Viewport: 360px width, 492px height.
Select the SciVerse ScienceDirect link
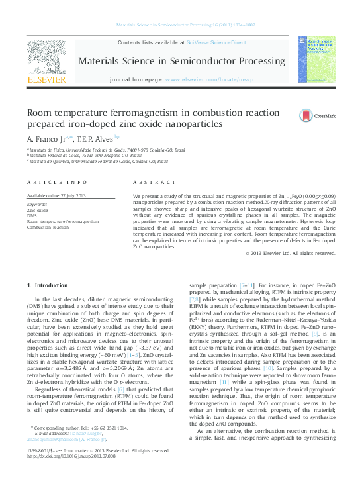(x=216, y=42)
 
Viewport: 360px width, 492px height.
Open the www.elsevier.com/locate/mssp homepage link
(x=209, y=79)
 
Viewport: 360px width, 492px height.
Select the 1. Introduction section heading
(x=46, y=285)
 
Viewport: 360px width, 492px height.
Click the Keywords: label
(x=37, y=204)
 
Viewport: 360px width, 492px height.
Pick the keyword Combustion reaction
(x=48, y=227)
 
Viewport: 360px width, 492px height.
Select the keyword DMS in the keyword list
(x=32, y=216)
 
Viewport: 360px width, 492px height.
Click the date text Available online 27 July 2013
(x=56, y=196)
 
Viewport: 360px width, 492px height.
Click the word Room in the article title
(x=40, y=113)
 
